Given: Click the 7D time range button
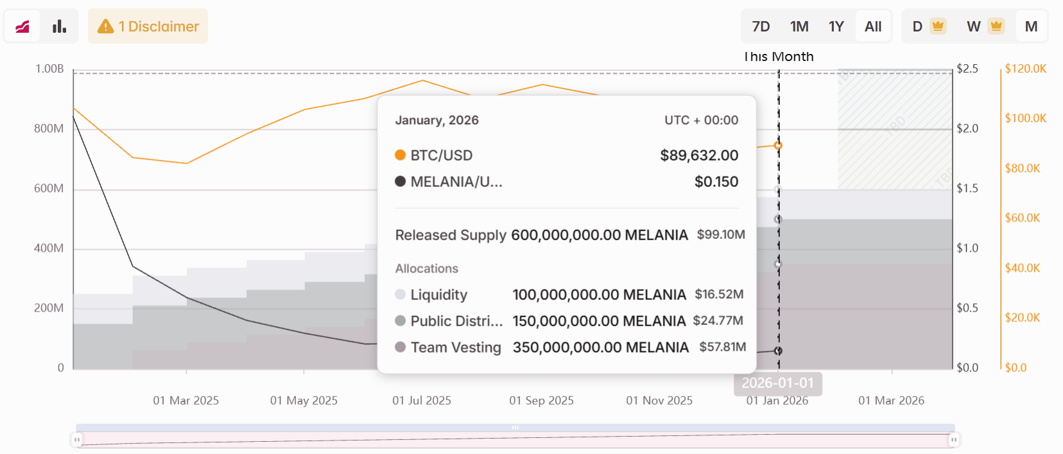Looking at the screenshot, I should coord(761,26).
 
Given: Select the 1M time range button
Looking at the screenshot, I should coord(799,26).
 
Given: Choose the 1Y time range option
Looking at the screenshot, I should coord(836,26).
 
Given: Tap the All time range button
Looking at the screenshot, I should coord(873,26).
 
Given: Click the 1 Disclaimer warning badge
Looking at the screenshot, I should coord(148,26).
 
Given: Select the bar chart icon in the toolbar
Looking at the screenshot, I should coord(60,26).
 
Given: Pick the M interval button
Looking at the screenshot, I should coord(1031,26).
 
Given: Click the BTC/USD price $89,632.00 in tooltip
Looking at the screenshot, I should coord(699,155).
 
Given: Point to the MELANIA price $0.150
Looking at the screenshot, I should coord(716,182).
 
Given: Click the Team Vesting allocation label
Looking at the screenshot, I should coord(456,347).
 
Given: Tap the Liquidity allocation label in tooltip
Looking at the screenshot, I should coord(439,295).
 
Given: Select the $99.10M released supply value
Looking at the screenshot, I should coord(721,235).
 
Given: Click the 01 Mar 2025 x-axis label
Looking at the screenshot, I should coord(186,401).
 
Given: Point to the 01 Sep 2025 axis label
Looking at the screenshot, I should coord(542,401).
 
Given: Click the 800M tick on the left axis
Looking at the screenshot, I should coord(49,128).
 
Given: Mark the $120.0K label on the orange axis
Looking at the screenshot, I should coord(1026,69).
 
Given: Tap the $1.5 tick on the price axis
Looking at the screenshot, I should coord(967,188).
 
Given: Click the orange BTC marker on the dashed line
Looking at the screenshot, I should coord(778,146).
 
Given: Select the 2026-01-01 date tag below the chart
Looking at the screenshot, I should coord(778,383).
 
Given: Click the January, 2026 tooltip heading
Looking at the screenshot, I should coord(437,120).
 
